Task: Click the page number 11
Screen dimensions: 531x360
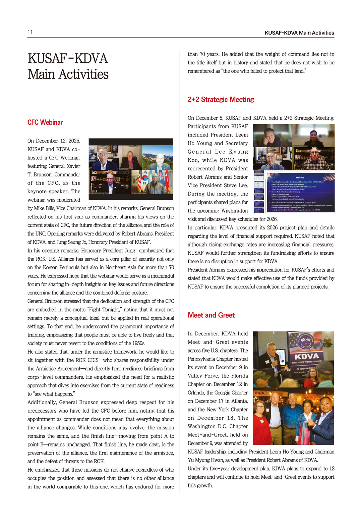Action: [30, 32]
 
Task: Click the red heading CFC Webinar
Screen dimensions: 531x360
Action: [45, 122]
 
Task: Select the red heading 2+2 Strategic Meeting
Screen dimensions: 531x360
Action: [221, 100]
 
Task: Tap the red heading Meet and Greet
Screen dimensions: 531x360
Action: [211, 315]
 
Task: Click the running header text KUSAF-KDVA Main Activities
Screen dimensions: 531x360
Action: [299, 33]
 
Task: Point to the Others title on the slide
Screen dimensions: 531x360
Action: [300, 177]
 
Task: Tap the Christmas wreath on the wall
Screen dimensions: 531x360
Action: [328, 342]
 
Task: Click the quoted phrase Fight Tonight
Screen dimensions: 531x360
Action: [106, 310]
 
